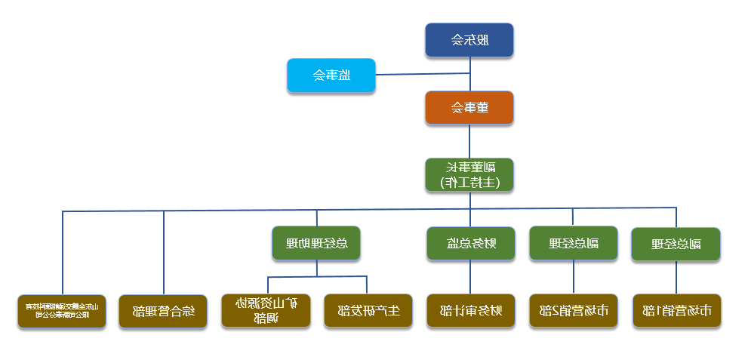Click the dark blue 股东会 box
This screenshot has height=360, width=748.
click(x=469, y=40)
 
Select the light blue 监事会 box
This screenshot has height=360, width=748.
click(x=331, y=75)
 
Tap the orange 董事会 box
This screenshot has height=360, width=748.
click(x=469, y=107)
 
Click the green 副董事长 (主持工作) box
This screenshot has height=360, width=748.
click(x=469, y=174)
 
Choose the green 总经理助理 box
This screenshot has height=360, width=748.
click(x=316, y=243)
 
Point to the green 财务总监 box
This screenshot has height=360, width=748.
click(x=470, y=243)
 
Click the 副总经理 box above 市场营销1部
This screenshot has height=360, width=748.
click(x=676, y=244)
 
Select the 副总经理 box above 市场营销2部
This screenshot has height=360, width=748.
click(x=572, y=243)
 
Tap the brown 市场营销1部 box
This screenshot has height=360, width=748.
click(x=676, y=310)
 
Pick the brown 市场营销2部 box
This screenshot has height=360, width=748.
click(x=572, y=310)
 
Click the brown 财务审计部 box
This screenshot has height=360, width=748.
click(x=470, y=310)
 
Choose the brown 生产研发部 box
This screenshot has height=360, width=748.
click(x=368, y=310)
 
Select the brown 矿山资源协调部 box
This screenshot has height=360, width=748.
click(x=266, y=310)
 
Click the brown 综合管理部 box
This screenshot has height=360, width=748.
click(x=163, y=310)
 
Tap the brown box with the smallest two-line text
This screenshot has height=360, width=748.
click(x=62, y=310)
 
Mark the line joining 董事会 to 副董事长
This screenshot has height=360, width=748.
click(x=469, y=141)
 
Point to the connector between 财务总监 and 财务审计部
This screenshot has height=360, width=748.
click(x=470, y=277)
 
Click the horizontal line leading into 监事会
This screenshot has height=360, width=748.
click(x=423, y=74)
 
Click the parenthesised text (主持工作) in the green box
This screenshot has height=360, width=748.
click(x=469, y=182)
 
